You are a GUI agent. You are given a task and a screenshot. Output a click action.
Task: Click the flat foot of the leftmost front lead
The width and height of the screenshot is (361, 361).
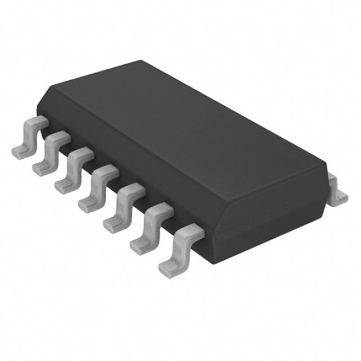click(x=21, y=150)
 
